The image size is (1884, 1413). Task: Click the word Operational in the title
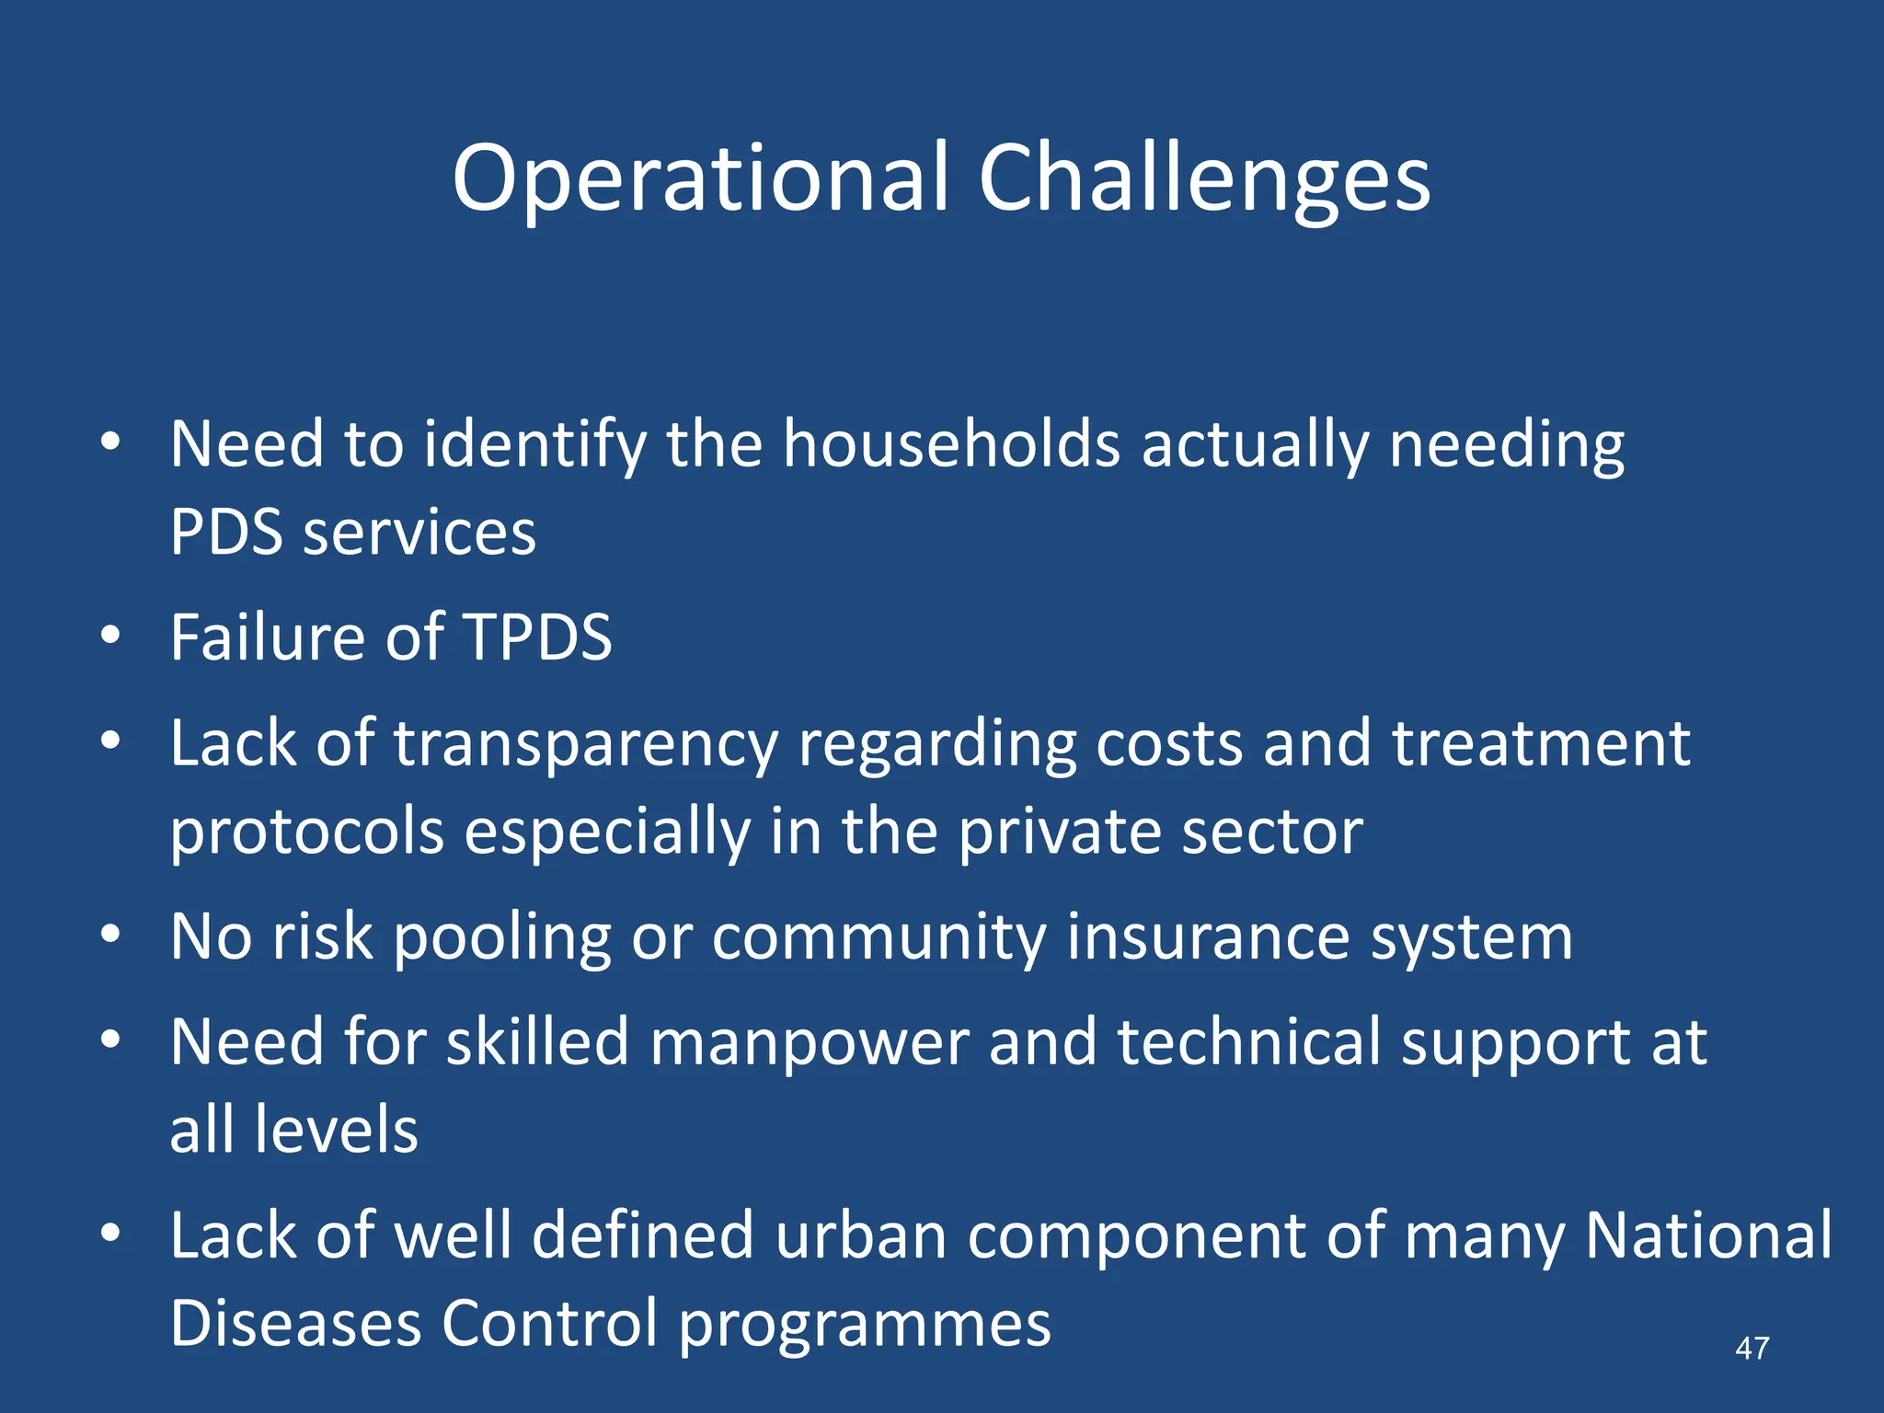click(x=699, y=179)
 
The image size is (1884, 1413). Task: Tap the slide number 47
click(x=1752, y=1349)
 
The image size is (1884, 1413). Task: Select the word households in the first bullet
click(x=951, y=444)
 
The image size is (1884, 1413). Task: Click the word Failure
click(x=269, y=637)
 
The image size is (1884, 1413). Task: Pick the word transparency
click(x=586, y=745)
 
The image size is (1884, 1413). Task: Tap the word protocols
click(x=307, y=833)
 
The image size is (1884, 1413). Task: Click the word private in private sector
click(x=1059, y=833)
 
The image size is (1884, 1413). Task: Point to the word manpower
click(x=810, y=1044)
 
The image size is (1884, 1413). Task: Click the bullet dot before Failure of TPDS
click(x=110, y=635)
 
